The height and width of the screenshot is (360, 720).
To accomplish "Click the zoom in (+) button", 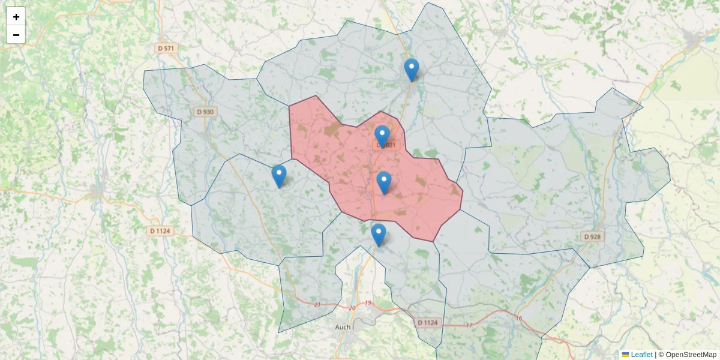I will coord(16,17).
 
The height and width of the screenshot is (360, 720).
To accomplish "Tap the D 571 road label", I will coord(167,48).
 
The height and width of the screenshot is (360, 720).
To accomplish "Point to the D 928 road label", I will coord(592,237).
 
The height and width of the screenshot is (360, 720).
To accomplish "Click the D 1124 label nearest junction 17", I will coord(428,323).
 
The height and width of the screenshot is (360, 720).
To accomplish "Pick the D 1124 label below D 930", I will coord(160,230).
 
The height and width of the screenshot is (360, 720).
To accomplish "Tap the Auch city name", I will coord(343,327).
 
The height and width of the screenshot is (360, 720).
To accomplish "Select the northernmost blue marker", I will coord(411,70).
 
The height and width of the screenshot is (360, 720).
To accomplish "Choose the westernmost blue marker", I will coord(279,176).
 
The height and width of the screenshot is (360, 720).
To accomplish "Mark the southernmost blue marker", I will coord(378,235).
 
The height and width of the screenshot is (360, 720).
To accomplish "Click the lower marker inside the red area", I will coord(384,182).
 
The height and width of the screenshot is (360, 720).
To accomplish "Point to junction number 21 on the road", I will coord(317,305).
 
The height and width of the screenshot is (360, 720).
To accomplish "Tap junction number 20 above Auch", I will coord(352,308).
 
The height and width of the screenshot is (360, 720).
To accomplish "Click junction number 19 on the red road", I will coord(368,303).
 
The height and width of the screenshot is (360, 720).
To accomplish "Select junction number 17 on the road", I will coord(470,325).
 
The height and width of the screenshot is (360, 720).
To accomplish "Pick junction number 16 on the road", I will coord(518,318).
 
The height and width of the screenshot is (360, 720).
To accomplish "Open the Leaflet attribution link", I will coord(641,355).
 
